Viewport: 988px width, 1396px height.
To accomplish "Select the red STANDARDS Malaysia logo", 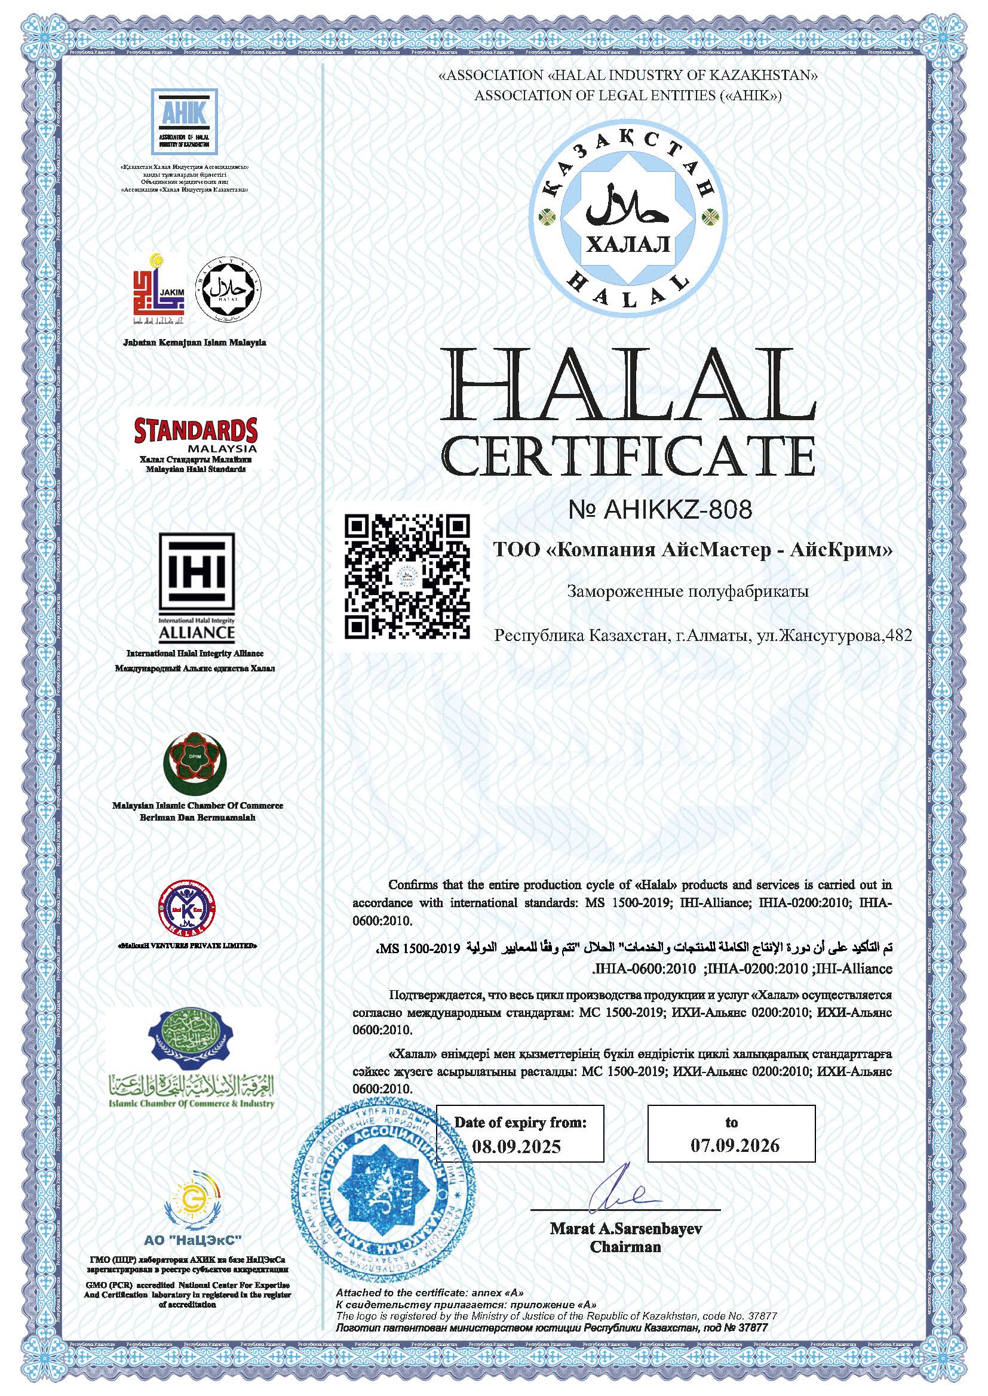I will (195, 433).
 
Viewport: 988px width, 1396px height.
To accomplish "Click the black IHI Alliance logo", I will (197, 588).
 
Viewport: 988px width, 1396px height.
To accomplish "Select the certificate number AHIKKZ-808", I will (660, 509).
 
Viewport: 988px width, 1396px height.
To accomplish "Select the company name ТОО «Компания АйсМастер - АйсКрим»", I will (693, 550).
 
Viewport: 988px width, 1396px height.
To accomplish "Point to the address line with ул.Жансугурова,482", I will (703, 636).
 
